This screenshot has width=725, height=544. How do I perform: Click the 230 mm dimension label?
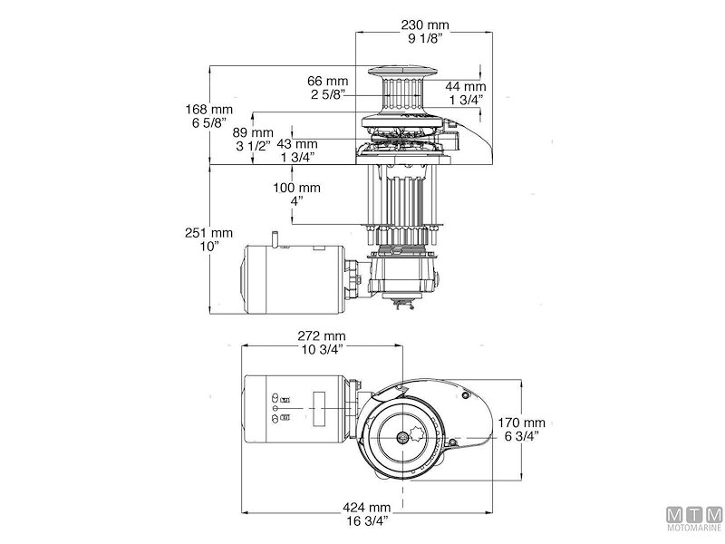(x=427, y=24)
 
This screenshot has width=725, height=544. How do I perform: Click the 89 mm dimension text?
(x=247, y=131)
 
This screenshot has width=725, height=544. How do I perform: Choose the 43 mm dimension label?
(x=298, y=143)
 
